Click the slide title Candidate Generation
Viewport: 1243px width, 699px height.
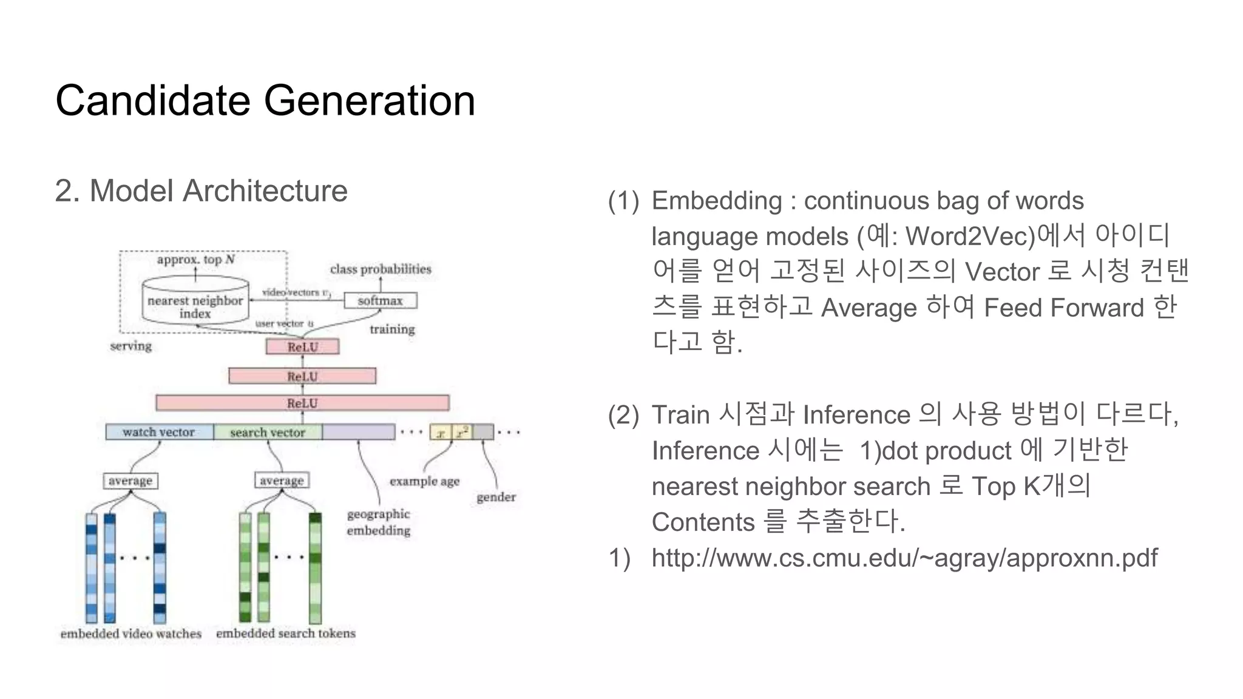(265, 100)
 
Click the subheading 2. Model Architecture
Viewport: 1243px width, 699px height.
(201, 191)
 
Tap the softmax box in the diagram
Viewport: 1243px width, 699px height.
(381, 300)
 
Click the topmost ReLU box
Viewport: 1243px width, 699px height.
(302, 347)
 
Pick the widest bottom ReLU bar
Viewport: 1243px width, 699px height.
(302, 403)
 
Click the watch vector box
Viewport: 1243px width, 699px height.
(159, 432)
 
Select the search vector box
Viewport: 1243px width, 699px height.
(268, 432)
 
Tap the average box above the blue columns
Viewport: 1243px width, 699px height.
(130, 481)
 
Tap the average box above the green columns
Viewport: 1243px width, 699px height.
(282, 480)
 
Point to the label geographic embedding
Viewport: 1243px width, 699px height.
(378, 522)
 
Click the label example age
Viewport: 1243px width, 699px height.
(424, 481)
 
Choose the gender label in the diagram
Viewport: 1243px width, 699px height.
(496, 497)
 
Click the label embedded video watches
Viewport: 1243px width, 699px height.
(131, 633)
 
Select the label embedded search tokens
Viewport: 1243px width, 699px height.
(285, 633)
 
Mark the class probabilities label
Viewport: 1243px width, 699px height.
(381, 269)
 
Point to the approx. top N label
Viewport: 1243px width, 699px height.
(195, 260)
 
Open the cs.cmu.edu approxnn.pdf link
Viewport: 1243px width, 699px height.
(904, 557)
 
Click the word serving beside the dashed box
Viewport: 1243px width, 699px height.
(130, 346)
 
